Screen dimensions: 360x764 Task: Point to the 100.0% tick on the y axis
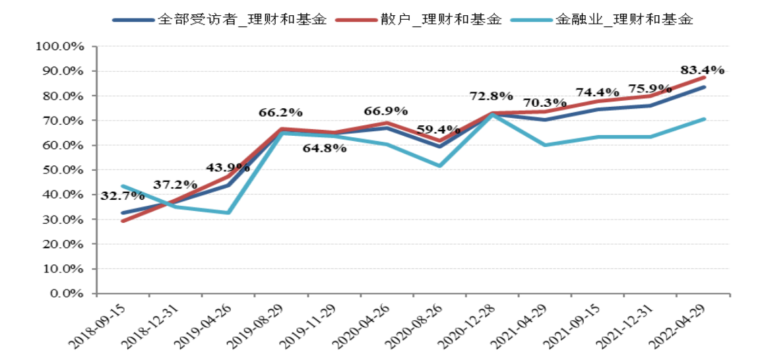point(63,46)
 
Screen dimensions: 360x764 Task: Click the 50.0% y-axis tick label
point(65,170)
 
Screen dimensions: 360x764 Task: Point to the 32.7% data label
point(123,195)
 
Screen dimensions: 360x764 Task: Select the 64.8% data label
point(325,148)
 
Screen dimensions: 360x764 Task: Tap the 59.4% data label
point(438,129)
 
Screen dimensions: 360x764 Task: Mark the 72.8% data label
point(491,96)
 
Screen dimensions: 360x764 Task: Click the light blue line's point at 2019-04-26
point(228,212)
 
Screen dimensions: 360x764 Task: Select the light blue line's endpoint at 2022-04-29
point(705,119)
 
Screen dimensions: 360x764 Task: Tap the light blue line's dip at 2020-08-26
point(439,165)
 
